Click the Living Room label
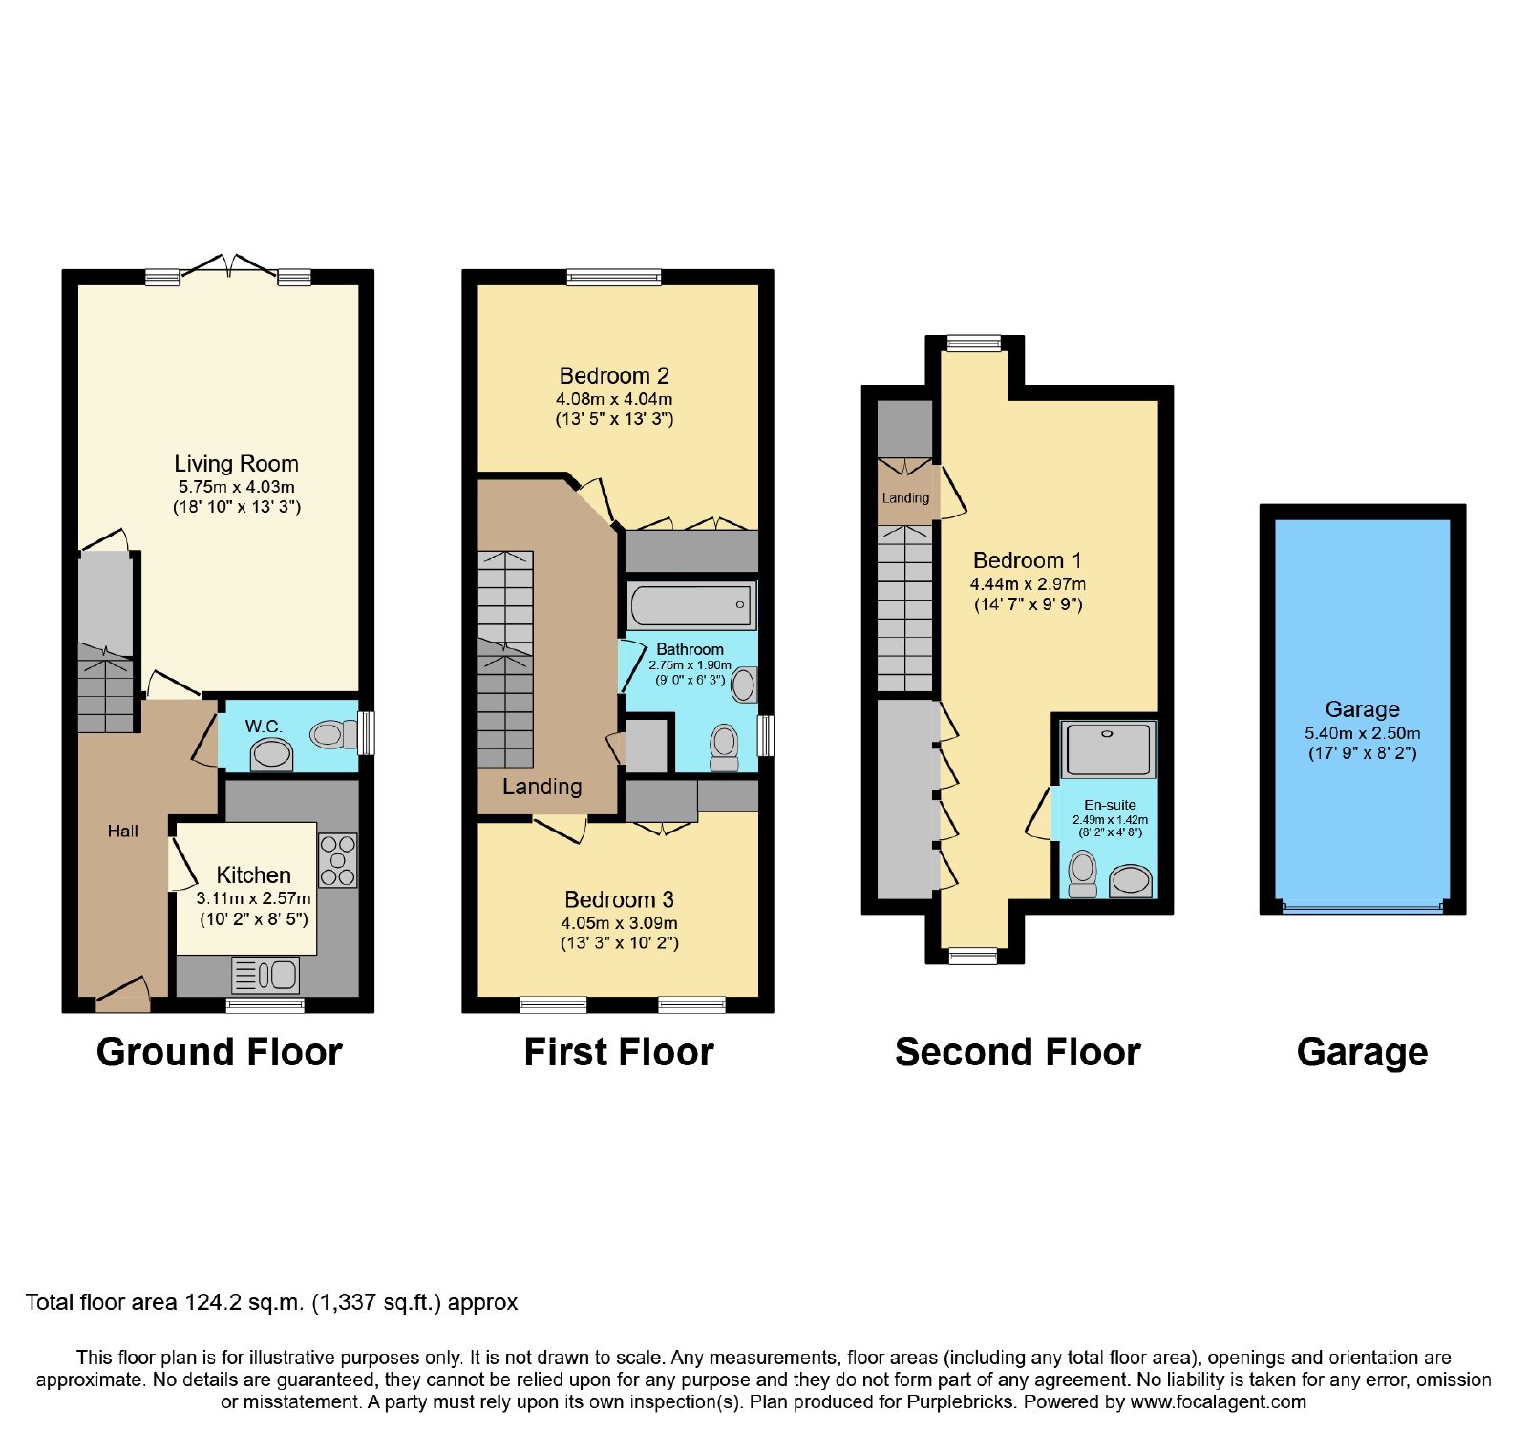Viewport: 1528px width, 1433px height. click(x=236, y=464)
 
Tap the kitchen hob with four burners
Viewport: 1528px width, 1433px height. click(x=337, y=860)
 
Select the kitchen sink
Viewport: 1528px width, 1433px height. click(x=265, y=975)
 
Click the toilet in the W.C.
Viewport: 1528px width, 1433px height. click(x=333, y=734)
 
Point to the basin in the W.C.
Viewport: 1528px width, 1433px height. click(x=271, y=755)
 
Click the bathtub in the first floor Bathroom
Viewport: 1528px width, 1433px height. click(x=691, y=605)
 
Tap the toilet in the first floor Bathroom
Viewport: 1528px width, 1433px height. click(x=725, y=748)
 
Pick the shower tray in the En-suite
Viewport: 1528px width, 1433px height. click(x=1108, y=748)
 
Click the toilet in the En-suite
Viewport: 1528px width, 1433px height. click(x=1082, y=875)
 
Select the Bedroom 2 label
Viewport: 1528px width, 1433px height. click(x=614, y=376)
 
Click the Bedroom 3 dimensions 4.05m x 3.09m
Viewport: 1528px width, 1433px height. click(x=619, y=923)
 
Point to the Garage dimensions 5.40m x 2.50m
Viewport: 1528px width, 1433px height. click(x=1362, y=733)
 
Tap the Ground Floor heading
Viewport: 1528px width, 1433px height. click(x=220, y=1052)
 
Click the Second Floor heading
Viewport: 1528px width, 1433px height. click(x=1018, y=1052)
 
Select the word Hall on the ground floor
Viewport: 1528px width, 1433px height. click(x=123, y=832)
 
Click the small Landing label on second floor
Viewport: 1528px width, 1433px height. click(x=905, y=498)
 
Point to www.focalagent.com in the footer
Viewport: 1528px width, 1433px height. click(x=1218, y=1402)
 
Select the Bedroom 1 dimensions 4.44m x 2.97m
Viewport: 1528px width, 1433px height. click(x=1028, y=584)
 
